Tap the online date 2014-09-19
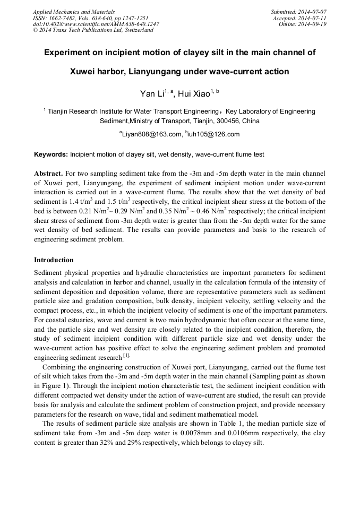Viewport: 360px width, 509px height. (x=313, y=24)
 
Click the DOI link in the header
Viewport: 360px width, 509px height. (x=96, y=24)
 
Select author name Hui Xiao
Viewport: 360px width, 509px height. (x=193, y=94)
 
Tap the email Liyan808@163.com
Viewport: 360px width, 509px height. (x=152, y=134)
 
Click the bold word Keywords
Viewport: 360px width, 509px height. (x=50, y=154)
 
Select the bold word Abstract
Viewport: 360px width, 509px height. (x=48, y=174)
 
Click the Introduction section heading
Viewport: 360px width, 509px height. (x=54, y=260)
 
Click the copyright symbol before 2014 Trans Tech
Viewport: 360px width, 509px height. (x=36, y=31)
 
